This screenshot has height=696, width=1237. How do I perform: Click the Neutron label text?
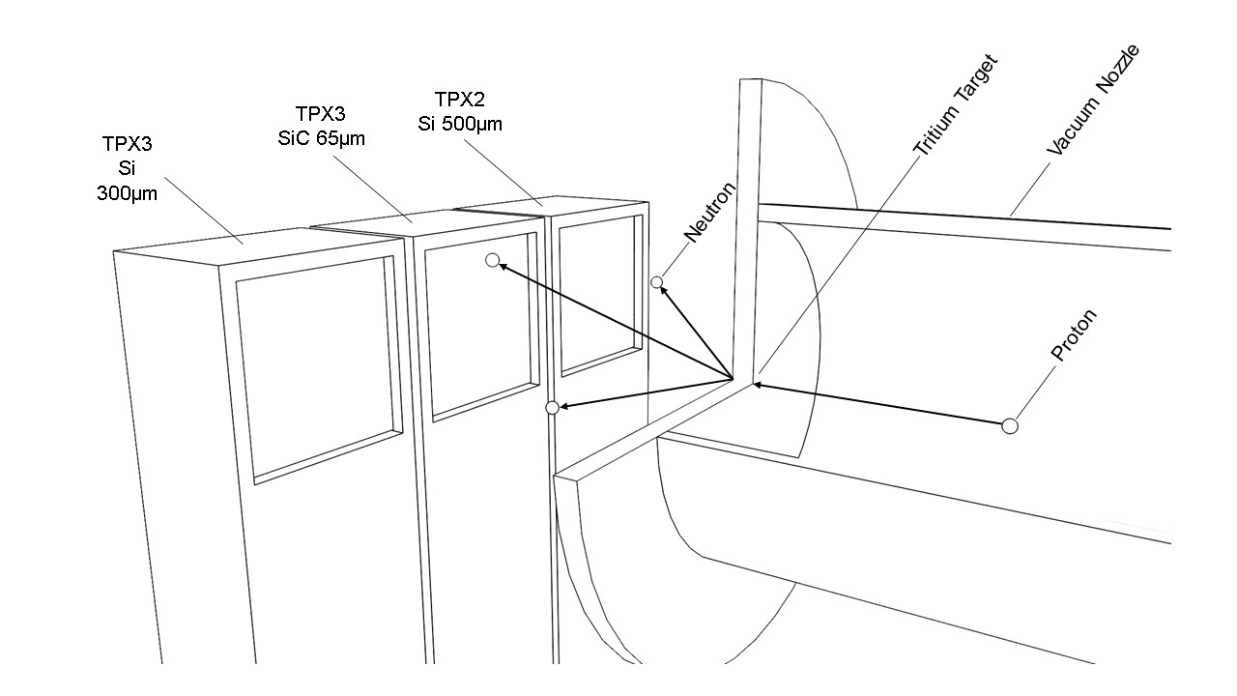coord(710,212)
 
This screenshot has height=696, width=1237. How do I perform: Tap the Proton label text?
coord(1074,335)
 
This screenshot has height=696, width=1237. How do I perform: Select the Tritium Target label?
coord(956,104)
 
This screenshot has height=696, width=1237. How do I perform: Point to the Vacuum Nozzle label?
coord(1093,100)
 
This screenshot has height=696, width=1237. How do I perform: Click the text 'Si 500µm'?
coord(460,124)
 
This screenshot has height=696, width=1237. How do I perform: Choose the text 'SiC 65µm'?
coord(322,138)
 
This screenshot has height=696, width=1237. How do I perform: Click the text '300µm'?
coord(127,193)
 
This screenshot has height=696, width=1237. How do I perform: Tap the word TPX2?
coord(459,100)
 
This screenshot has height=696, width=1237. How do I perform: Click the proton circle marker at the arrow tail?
coord(1010,426)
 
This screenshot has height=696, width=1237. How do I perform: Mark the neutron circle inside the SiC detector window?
coord(493,260)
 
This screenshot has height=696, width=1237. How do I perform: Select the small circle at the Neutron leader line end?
coord(656,282)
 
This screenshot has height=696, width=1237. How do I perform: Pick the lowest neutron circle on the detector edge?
coord(552,408)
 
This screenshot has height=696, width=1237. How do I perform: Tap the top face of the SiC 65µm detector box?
coord(425,223)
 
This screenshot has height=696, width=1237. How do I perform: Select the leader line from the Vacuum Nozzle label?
coord(1030,188)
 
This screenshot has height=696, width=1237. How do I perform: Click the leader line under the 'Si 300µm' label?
coord(204,211)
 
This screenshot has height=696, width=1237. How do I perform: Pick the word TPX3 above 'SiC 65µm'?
coord(320,114)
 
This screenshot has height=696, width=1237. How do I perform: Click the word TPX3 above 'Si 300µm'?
coord(127,144)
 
